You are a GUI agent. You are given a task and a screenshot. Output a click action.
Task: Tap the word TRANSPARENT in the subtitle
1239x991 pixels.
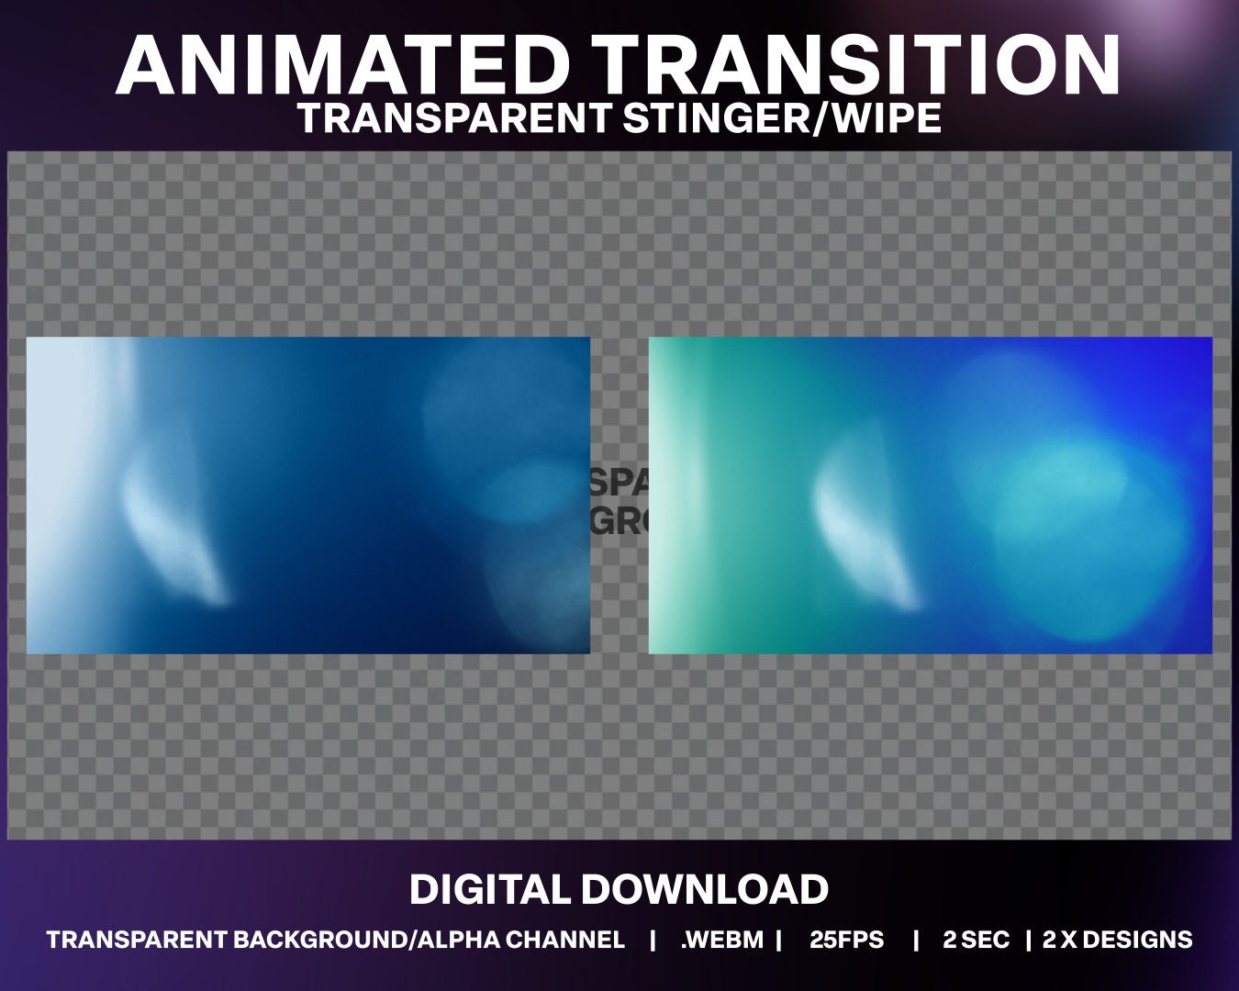tap(454, 118)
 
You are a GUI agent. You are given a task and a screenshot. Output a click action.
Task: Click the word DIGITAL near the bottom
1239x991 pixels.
tap(490, 889)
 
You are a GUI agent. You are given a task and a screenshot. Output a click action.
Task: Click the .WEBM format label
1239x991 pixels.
tap(722, 940)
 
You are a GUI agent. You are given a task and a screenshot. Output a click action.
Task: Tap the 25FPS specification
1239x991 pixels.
tap(847, 940)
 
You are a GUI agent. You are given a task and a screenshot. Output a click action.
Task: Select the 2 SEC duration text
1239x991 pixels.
tap(976, 940)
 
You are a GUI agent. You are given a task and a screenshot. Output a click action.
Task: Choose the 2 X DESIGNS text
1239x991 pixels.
tap(1117, 940)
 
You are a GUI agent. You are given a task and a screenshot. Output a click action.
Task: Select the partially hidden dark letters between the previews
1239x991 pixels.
tap(619, 501)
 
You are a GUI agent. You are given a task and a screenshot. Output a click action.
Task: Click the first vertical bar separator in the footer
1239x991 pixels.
tap(653, 940)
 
